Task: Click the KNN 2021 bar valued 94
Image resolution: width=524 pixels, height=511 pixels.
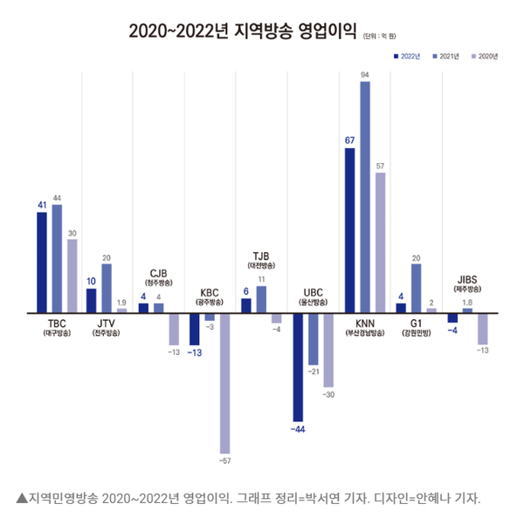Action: (x=365, y=196)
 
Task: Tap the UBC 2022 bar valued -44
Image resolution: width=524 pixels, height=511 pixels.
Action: (x=298, y=365)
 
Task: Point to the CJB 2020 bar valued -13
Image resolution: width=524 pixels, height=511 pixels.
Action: (x=174, y=328)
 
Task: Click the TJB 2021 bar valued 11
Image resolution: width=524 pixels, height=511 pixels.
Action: (x=261, y=298)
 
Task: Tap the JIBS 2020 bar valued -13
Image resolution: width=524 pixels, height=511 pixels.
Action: (x=483, y=328)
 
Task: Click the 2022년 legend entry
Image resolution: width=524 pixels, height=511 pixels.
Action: (x=406, y=56)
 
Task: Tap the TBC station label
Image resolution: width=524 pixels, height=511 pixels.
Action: (x=57, y=323)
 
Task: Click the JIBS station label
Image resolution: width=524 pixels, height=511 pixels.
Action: (x=467, y=278)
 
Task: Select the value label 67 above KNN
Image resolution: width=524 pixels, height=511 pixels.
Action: (x=349, y=140)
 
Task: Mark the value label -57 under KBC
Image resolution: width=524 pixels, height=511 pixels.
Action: (x=225, y=460)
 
